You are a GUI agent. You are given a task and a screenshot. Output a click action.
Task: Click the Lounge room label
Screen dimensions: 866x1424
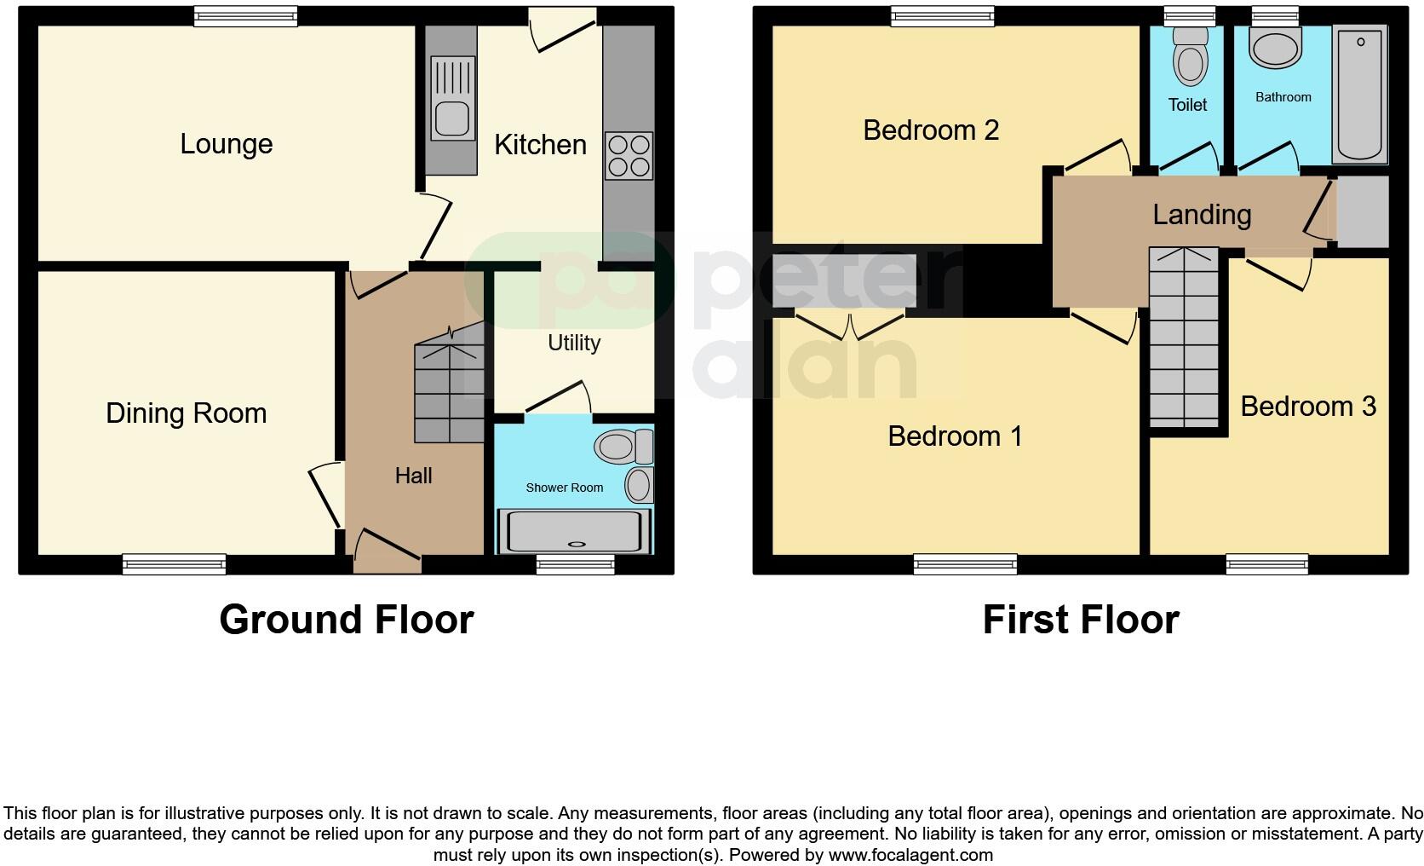pos(226,144)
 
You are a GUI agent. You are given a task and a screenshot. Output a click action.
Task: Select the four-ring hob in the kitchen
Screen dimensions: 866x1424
pos(629,156)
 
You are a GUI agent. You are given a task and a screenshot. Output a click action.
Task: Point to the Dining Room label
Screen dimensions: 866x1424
pos(186,413)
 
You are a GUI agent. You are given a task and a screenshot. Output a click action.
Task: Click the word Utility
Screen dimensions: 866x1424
pos(573,343)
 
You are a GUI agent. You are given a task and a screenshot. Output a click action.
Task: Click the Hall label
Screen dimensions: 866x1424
pos(413,476)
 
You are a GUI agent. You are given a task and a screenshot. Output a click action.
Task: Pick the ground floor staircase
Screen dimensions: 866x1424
pos(449,392)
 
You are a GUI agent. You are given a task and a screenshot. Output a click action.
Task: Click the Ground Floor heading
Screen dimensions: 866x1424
pos(346,620)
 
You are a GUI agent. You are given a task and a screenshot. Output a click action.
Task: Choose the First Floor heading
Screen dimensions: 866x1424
pos(1080,620)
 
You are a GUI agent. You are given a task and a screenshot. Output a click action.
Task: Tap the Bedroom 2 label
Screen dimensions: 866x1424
pos(930,130)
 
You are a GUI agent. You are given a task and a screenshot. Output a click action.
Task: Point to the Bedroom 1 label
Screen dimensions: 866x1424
pos(954,436)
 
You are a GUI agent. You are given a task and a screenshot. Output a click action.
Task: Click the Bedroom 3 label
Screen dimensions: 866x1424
pos(1307,407)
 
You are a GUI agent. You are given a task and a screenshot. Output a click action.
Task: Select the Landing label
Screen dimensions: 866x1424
pos(1202,215)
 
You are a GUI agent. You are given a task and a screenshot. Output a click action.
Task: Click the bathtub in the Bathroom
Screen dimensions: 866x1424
pos(1360,94)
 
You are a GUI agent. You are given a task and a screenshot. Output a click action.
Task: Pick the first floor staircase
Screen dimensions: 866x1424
pos(1184,338)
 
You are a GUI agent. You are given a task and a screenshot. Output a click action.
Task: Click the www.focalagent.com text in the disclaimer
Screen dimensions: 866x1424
pos(910,854)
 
